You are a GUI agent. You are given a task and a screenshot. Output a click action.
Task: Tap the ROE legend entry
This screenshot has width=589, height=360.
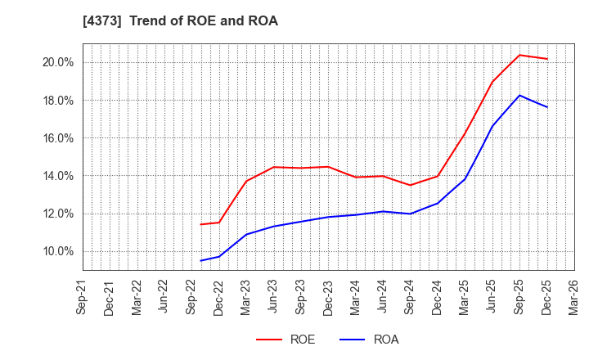click(x=286, y=340)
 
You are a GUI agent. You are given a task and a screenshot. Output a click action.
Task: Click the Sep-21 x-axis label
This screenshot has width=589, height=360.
click(x=83, y=297)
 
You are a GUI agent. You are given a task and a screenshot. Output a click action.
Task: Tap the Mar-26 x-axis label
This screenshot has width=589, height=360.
click(x=574, y=297)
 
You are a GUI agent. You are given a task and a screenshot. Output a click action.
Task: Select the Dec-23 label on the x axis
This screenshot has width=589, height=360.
click(x=328, y=297)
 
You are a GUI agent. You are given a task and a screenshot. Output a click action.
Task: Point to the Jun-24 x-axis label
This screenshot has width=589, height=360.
click(x=383, y=297)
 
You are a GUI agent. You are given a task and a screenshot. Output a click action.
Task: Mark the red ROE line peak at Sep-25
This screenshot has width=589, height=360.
click(x=519, y=55)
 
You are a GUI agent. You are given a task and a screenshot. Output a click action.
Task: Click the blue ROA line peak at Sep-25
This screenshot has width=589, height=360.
click(x=519, y=95)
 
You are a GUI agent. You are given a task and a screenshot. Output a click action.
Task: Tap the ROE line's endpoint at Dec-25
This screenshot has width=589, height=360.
click(x=546, y=59)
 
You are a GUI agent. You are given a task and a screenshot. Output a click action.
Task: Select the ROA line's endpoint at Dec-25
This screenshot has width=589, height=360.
click(x=546, y=107)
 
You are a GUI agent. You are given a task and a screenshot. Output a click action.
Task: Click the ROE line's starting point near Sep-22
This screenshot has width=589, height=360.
click(x=200, y=224)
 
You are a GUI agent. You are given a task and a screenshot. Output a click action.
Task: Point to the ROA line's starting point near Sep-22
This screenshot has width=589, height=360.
click(x=200, y=261)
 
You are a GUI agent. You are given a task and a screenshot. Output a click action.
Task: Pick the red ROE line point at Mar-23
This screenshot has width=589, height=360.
click(x=246, y=181)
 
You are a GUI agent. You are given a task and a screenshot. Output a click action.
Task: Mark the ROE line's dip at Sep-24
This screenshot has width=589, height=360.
click(x=410, y=185)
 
